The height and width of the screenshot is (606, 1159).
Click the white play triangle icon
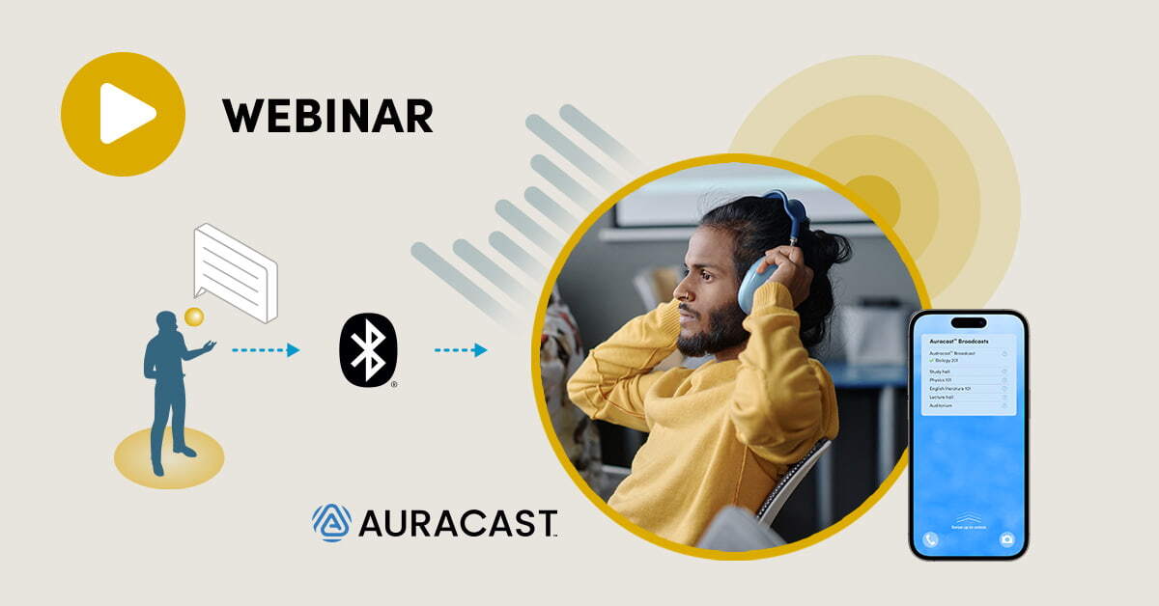click(126, 114)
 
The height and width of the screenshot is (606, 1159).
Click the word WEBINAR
click(327, 116)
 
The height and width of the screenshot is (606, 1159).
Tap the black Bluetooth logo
click(368, 350)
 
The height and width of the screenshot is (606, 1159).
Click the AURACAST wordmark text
click(458, 523)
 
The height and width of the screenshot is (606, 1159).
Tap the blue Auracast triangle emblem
click(331, 522)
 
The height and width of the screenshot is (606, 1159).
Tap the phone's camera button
click(1006, 539)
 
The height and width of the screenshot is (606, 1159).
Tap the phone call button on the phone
click(930, 539)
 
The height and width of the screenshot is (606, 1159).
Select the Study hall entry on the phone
click(942, 371)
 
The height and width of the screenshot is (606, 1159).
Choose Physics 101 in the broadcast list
click(944, 379)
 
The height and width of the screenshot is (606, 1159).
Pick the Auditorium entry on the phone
click(943, 405)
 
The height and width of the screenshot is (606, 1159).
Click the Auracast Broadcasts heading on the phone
click(960, 342)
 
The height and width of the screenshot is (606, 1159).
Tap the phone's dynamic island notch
click(968, 322)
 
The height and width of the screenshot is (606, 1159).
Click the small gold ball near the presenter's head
click(194, 316)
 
